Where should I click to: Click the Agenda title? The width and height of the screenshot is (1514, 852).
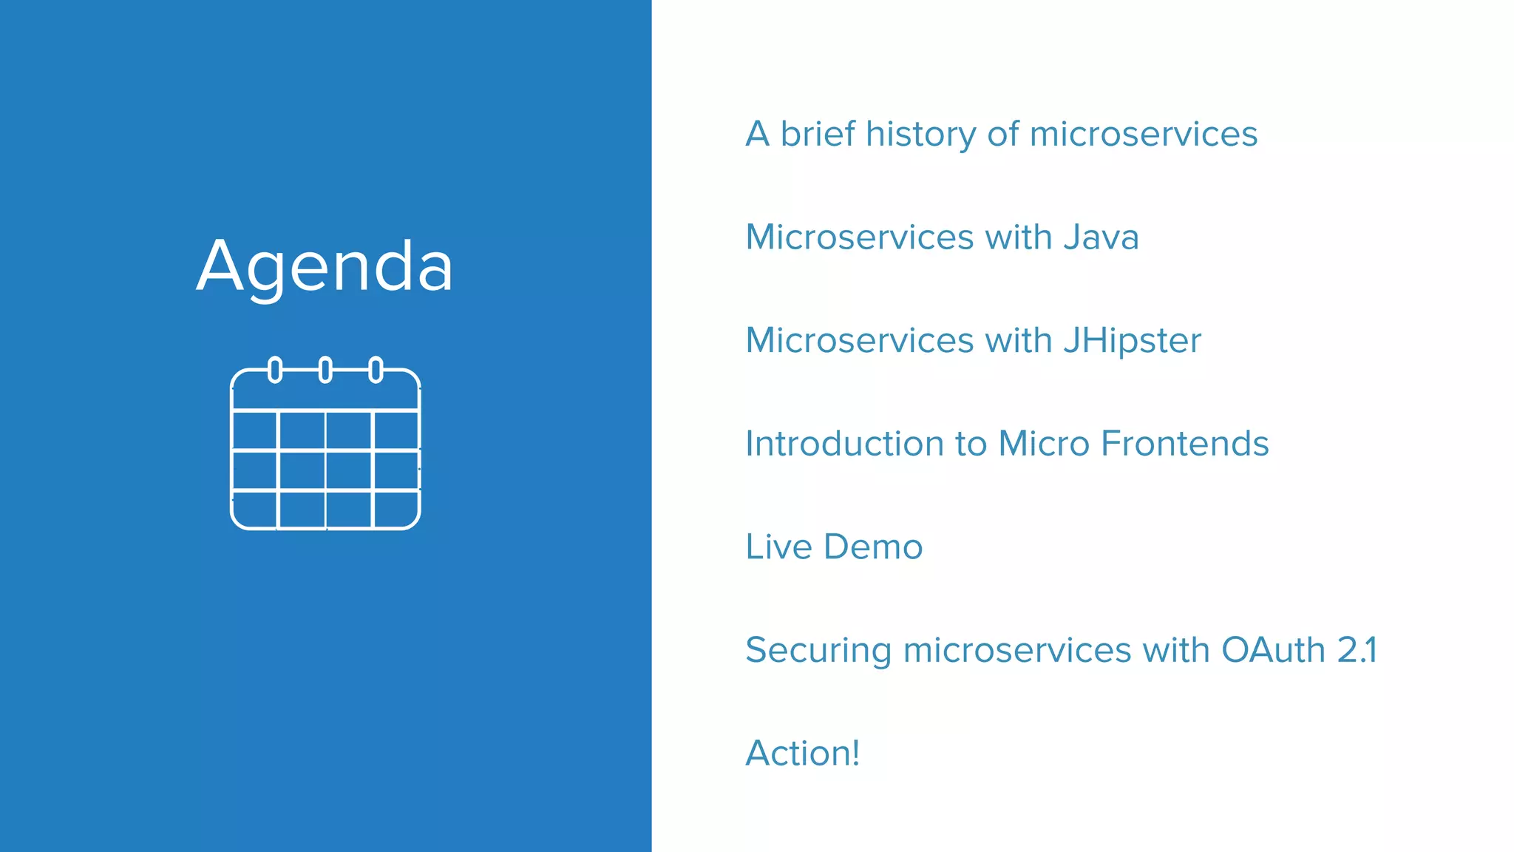click(325, 267)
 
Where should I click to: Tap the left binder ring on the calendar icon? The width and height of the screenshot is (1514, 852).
click(275, 369)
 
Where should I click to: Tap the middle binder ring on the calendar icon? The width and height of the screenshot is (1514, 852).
click(325, 369)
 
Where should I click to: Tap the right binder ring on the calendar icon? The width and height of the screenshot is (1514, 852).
click(376, 369)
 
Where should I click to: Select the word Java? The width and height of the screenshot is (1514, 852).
click(1101, 237)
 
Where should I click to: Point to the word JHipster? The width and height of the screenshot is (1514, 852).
click(1132, 341)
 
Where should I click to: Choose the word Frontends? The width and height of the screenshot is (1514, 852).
click(1184, 444)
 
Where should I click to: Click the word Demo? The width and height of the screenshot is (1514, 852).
click(873, 547)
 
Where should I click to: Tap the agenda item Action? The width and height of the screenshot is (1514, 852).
click(802, 754)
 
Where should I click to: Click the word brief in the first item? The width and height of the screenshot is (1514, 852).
click(818, 135)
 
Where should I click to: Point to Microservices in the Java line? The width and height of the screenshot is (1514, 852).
click(859, 237)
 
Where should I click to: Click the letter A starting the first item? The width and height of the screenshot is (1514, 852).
click(758, 135)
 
